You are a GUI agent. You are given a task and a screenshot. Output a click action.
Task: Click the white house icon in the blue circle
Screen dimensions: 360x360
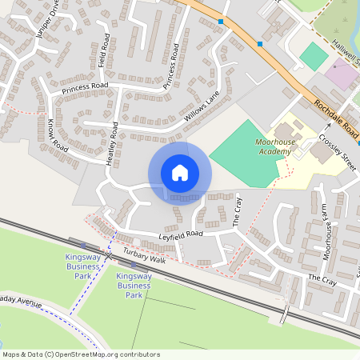tap(180, 173)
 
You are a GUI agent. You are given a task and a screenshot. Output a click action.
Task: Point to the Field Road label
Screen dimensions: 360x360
tap(102, 55)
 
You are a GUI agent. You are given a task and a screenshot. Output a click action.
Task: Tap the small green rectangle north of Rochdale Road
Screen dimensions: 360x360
tap(314, 56)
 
